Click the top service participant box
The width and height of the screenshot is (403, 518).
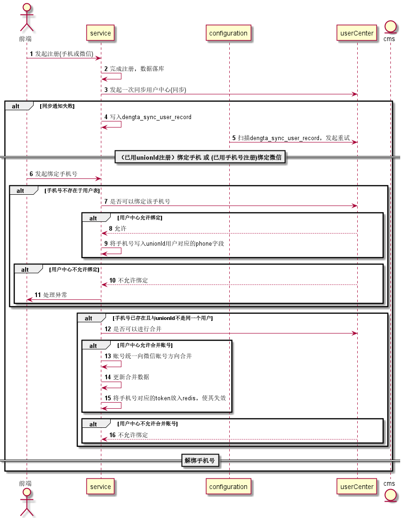100,33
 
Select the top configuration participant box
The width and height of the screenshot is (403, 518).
228,33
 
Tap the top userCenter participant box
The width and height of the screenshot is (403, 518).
357,33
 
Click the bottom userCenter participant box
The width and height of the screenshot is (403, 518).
357,486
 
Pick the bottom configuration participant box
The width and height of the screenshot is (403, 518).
228,486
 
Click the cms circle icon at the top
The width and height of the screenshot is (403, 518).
390,27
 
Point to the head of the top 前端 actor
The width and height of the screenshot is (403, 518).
27,7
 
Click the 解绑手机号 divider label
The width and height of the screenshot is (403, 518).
200,461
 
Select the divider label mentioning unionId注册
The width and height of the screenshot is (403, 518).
200,157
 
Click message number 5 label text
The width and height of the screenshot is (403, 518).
291,138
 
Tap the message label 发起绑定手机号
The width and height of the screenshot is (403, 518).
56,174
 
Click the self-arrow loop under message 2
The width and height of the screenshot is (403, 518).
111,76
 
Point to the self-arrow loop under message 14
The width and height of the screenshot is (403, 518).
111,385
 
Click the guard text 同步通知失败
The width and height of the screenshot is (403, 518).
57,106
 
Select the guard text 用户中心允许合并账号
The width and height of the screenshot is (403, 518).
145,345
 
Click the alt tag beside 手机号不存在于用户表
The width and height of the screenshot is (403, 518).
20,191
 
